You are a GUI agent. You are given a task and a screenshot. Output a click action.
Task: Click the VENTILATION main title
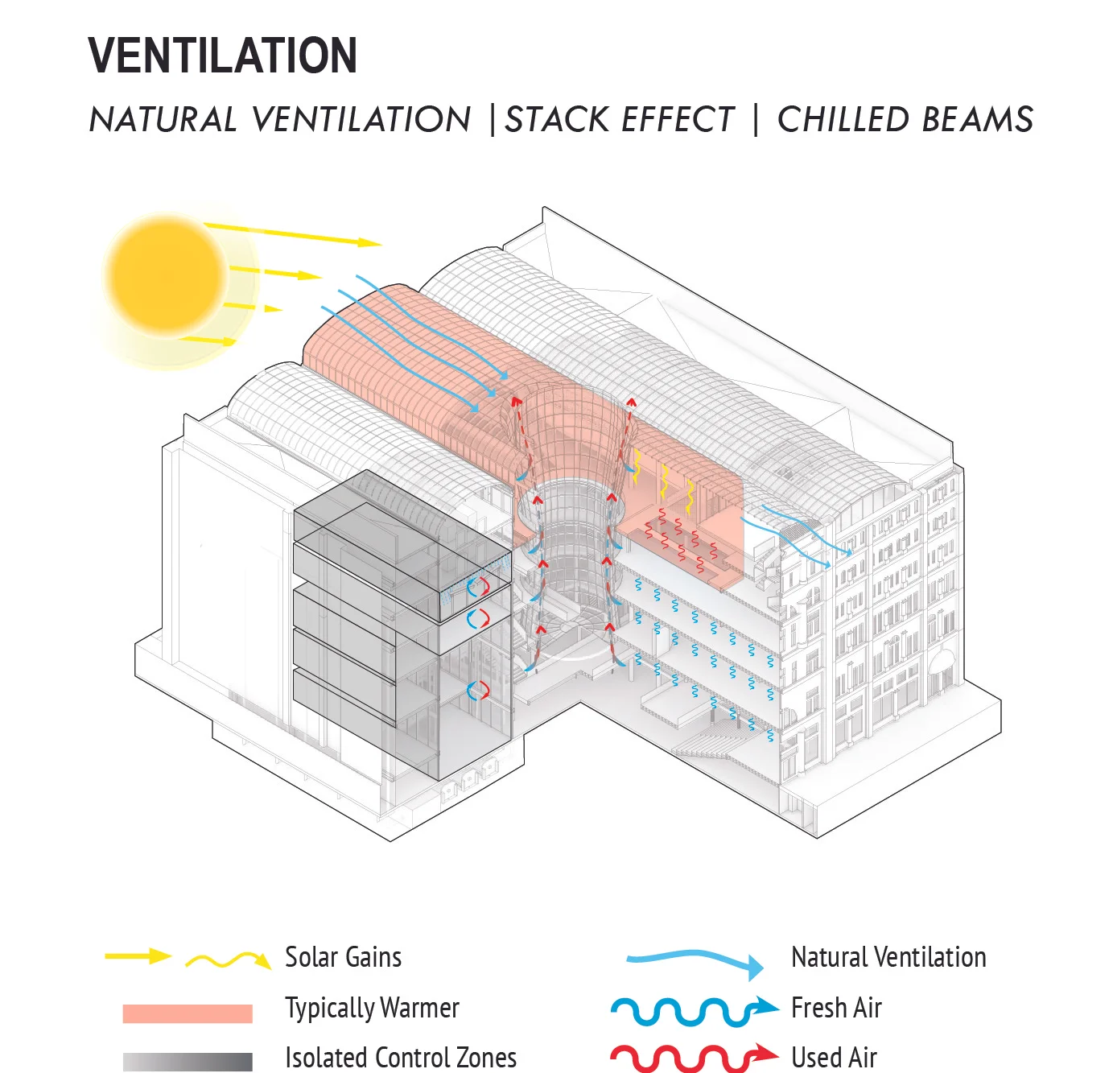pos(223,56)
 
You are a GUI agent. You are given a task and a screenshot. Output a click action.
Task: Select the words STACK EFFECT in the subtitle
pos(620,120)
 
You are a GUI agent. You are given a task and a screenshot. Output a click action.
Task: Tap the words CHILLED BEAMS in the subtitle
pos(905,120)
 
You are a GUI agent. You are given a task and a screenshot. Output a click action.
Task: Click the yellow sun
pos(167,275)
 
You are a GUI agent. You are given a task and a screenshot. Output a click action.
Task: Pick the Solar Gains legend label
pos(343,957)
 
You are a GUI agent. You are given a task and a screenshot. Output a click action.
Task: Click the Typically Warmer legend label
pos(372,1008)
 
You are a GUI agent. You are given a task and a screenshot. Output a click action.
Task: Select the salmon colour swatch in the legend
pos(188,1013)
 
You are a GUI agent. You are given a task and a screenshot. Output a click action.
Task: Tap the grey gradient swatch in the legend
pos(188,1062)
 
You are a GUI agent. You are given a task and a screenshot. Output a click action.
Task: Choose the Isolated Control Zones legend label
pos(401,1058)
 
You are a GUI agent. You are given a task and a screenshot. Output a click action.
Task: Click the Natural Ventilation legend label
pos(888,957)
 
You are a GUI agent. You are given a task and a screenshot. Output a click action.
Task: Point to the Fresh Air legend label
pos(836,1008)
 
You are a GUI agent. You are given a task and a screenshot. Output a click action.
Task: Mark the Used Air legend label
pos(834,1058)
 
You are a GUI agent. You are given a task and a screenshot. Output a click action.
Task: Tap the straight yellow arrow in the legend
pos(138,956)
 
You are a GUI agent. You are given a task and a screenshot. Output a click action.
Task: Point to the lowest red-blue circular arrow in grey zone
pos(478,691)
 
